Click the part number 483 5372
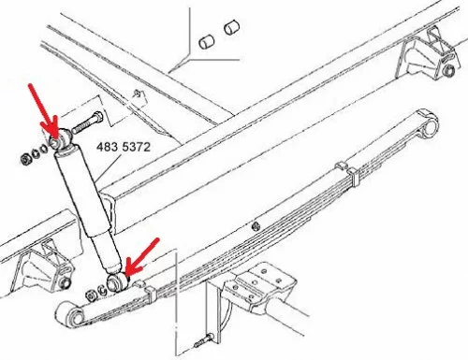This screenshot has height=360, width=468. click(124, 147)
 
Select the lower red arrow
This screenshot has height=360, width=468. click(143, 257)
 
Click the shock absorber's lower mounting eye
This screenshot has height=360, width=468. click(117, 282)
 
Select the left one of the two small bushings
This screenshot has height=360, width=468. click(206, 42)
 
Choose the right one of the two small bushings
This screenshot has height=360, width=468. click(231, 27)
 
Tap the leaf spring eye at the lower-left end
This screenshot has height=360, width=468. click(71, 316)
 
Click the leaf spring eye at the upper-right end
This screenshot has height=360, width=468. click(429, 126)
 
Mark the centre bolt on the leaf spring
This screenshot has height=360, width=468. click(256, 225)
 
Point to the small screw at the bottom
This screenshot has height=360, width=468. click(203, 340)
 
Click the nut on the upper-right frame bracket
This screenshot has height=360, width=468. click(448, 70)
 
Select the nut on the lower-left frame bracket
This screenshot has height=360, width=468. click(65, 282)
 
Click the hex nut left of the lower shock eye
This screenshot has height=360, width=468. click(91, 295)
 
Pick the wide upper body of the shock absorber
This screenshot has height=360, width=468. click(82, 193)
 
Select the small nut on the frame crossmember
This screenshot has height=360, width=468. click(137, 94)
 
